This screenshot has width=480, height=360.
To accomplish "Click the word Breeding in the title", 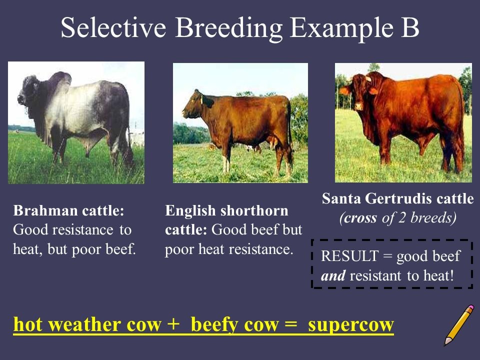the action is point(228,28).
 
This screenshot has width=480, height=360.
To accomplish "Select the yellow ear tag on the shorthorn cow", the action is point(201,98).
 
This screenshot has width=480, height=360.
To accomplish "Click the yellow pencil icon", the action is point(459,325).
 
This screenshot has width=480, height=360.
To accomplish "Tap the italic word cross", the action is point(360,218).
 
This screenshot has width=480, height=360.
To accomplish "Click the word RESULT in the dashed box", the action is point(350,256).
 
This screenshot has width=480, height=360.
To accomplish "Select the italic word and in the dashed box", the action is point(333,275).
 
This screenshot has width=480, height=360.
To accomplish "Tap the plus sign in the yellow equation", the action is point(173,324).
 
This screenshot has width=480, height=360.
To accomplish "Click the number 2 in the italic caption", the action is point(402,218).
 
